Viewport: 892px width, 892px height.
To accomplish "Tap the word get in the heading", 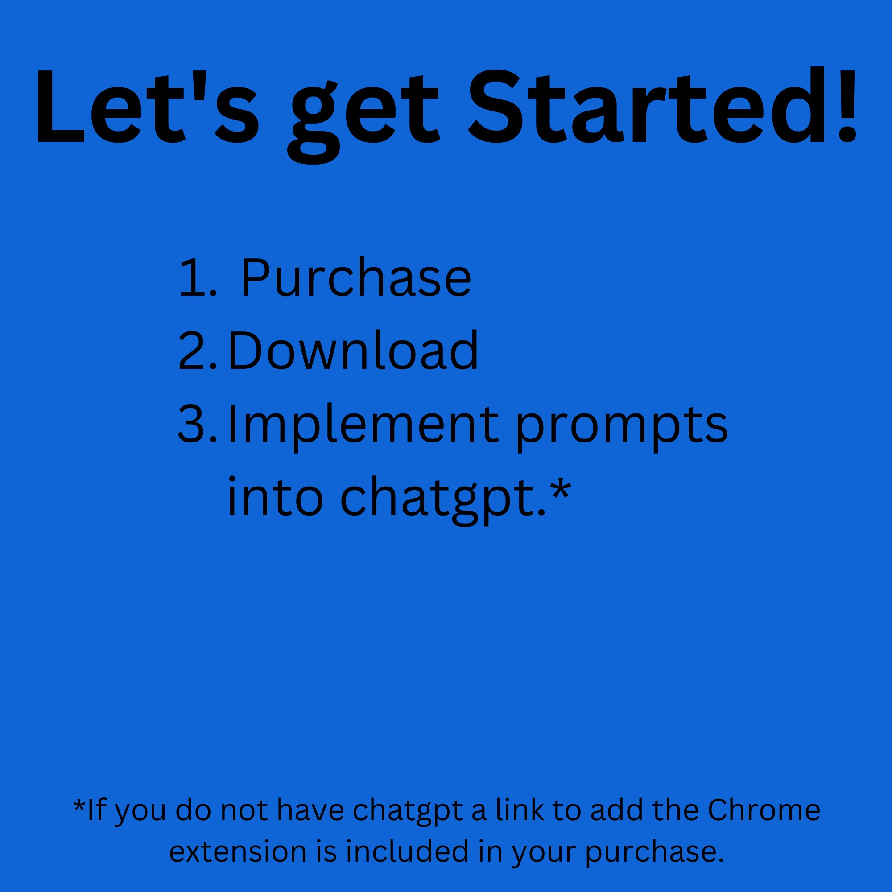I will tap(363, 116).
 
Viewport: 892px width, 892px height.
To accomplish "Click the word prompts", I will tap(621, 427).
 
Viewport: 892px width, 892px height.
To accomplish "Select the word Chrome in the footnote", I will tap(764, 810).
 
